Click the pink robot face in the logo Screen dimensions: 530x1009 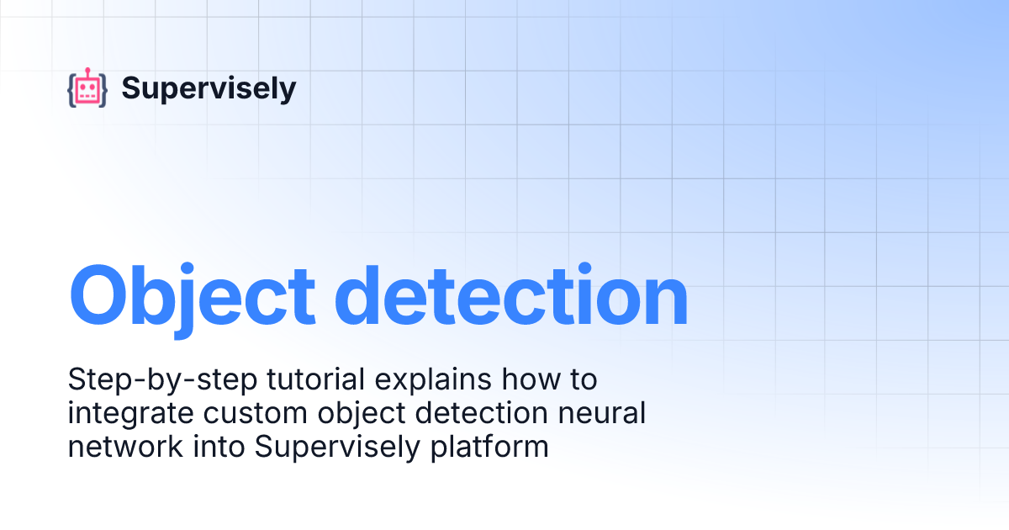tap(87, 90)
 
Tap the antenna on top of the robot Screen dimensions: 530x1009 tap(87, 71)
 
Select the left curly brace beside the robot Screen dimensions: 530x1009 tap(71, 89)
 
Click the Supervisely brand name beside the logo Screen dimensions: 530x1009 tap(209, 88)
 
